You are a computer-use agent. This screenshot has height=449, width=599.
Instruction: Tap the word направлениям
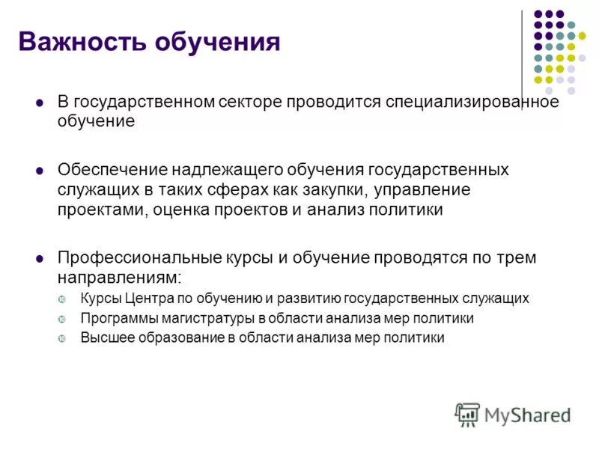click(x=119, y=278)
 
